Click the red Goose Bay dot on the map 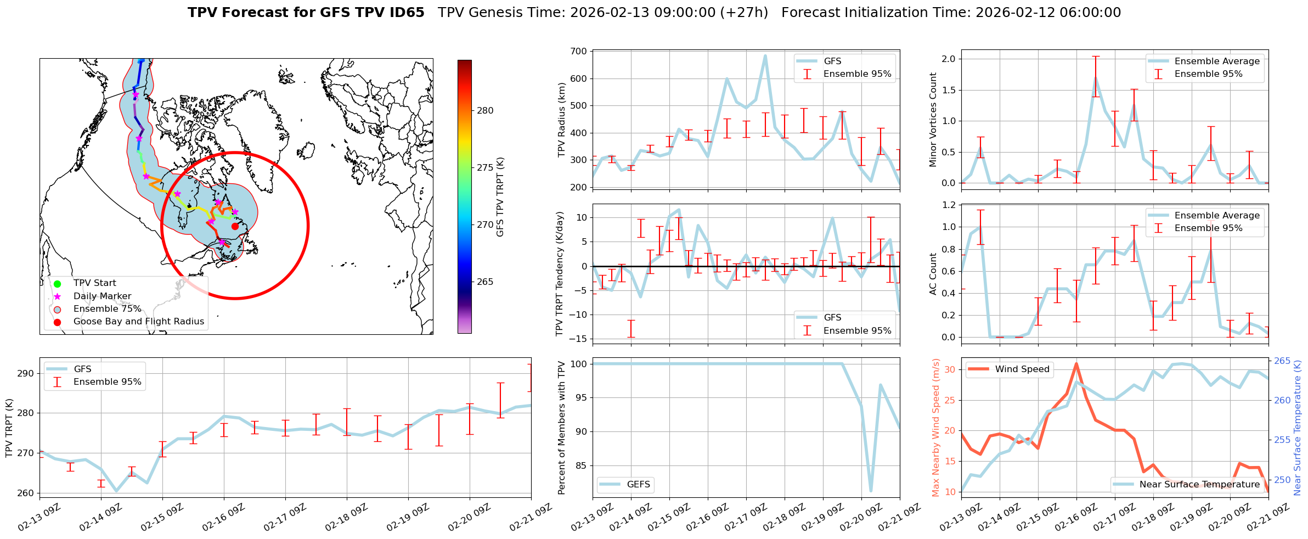click(x=235, y=226)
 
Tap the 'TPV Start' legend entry click(x=94, y=283)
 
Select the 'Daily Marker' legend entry click(x=102, y=296)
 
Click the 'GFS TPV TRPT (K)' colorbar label click(x=500, y=197)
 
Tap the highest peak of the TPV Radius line click(x=765, y=55)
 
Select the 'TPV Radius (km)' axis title click(x=561, y=120)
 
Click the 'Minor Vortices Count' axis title click(x=933, y=120)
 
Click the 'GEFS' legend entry click(x=638, y=485)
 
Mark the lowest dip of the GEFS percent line click(x=871, y=491)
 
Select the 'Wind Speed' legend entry click(x=1022, y=369)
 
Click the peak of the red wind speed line click(x=1076, y=363)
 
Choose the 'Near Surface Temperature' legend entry click(x=1199, y=485)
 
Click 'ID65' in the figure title click(x=405, y=13)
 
